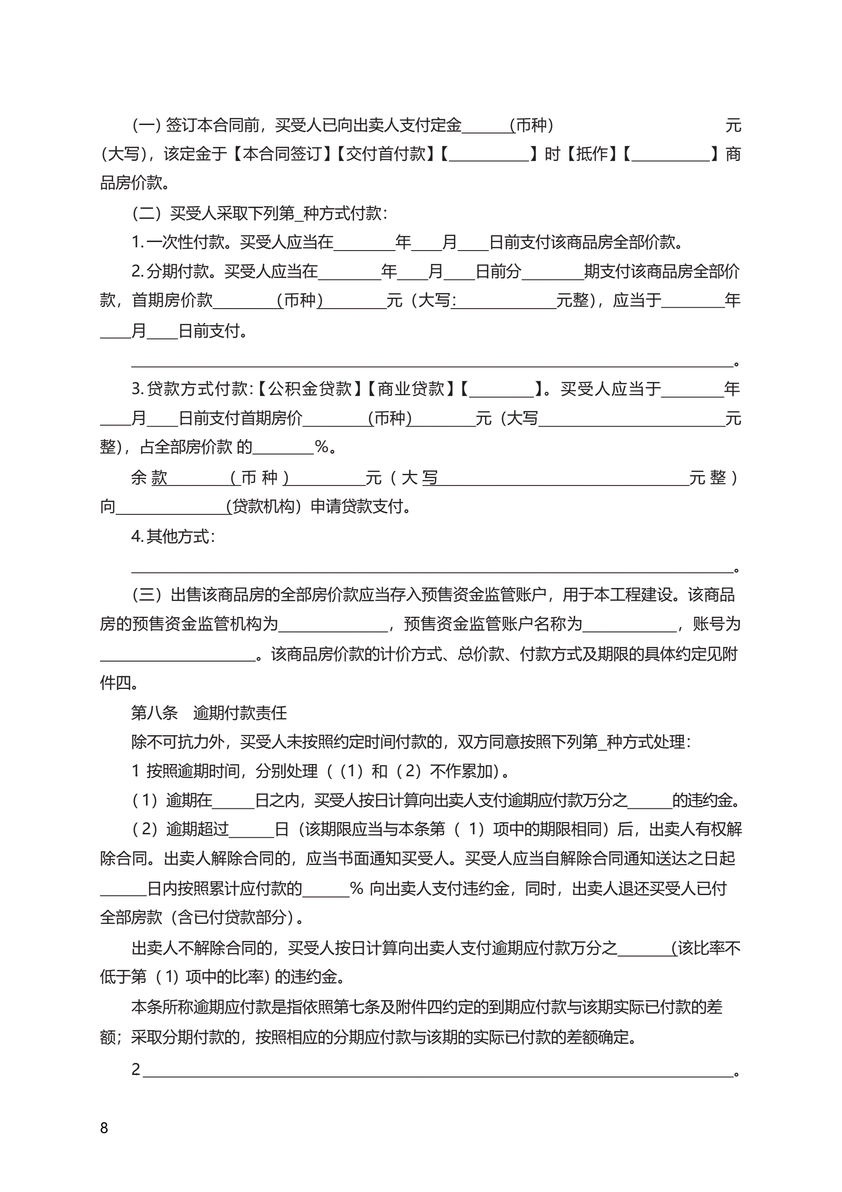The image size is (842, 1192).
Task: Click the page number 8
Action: [104, 1128]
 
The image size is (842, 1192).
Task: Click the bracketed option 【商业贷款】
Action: [411, 388]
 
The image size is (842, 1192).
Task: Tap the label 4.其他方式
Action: [172, 536]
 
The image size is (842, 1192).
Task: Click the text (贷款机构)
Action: [264, 506]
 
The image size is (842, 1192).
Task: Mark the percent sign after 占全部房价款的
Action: [322, 446]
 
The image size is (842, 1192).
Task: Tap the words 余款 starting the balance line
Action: [150, 477]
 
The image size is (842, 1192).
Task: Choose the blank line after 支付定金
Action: [485, 126]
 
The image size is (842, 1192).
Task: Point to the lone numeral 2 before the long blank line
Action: [136, 1069]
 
